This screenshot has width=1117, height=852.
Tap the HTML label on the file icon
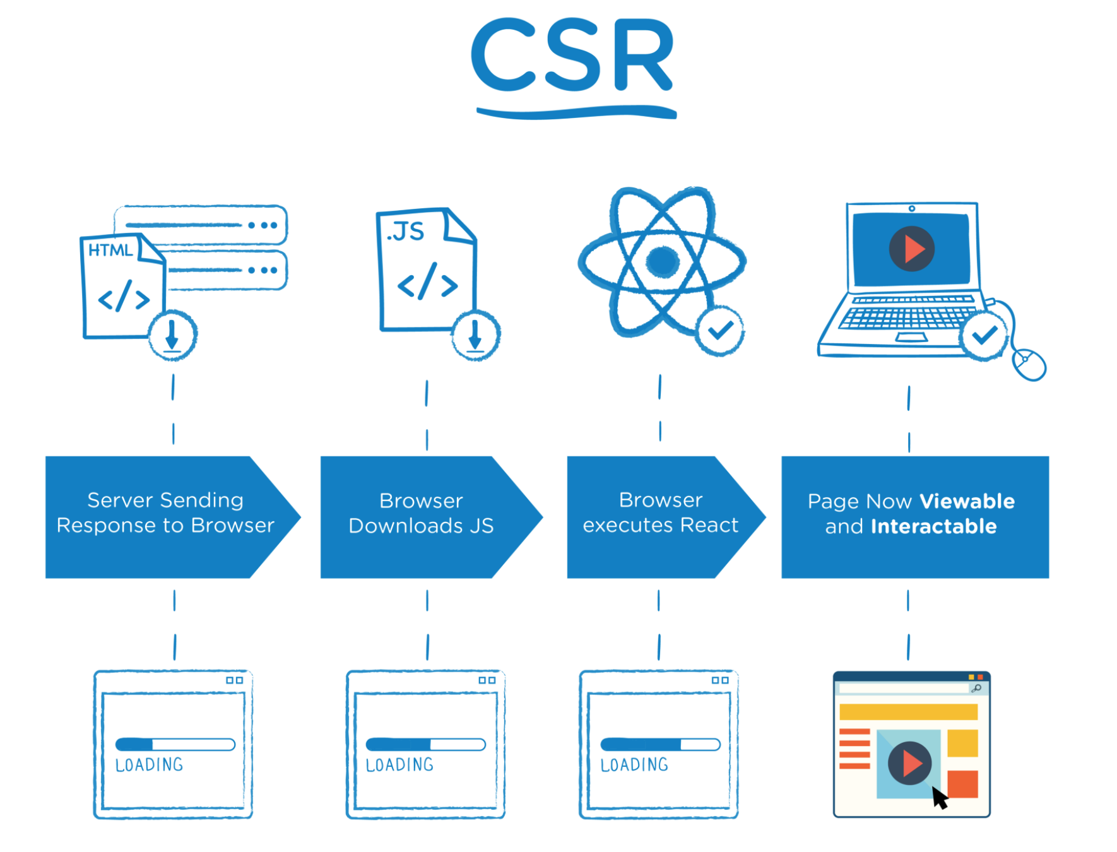(110, 251)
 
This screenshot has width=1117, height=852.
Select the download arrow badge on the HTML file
(172, 335)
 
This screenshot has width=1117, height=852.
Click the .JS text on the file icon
(405, 232)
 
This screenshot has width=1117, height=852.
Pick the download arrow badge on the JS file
(476, 335)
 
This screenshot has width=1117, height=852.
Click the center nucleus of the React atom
(662, 261)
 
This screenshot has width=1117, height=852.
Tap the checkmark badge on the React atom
(720, 331)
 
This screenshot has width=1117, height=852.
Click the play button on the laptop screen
(911, 249)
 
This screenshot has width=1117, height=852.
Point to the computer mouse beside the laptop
(1029, 365)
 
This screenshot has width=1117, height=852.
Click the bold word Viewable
(967, 501)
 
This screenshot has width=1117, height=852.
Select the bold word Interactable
(933, 526)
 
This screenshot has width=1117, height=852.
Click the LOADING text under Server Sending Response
(150, 765)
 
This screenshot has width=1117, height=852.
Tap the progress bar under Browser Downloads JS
(426, 745)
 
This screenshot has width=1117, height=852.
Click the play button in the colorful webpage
(909, 763)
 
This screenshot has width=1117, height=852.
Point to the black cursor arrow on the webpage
(940, 798)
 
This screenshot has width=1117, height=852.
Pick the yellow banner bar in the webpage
(908, 712)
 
